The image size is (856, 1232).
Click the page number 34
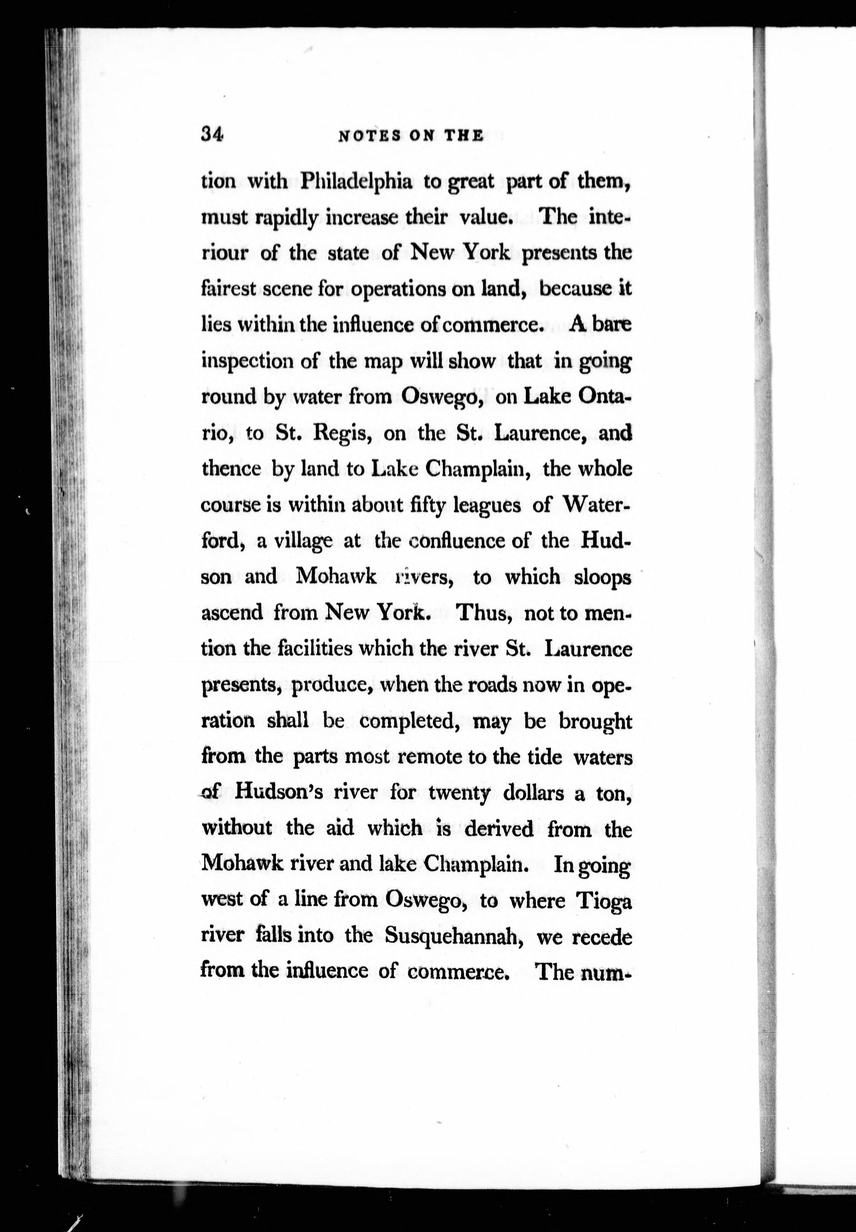212,134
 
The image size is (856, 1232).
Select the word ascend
232,612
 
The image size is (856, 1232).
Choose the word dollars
534,793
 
